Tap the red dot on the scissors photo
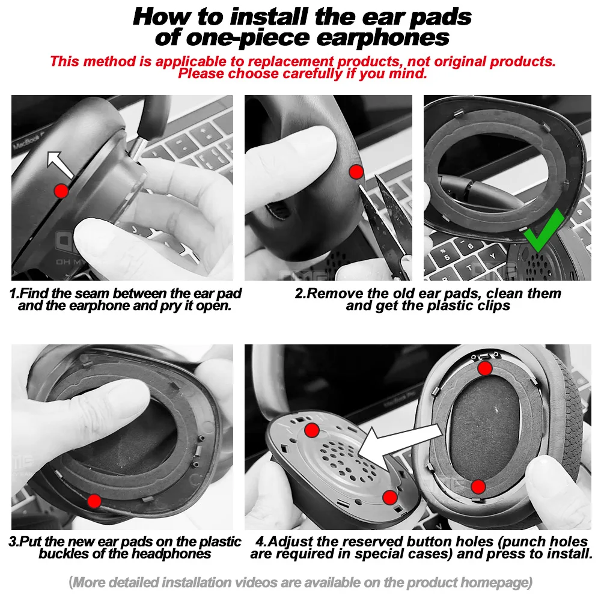(x=356, y=172)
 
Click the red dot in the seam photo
(x=61, y=191)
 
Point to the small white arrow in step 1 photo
(x=59, y=165)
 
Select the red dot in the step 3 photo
(x=94, y=501)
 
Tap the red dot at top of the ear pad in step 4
(x=485, y=368)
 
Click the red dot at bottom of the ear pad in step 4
(x=478, y=487)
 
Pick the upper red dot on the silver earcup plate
(x=312, y=430)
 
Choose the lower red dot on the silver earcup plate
(x=390, y=498)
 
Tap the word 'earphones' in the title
(x=383, y=37)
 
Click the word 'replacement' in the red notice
(x=291, y=61)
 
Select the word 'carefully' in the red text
(x=311, y=73)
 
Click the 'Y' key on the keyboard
(x=492, y=256)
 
